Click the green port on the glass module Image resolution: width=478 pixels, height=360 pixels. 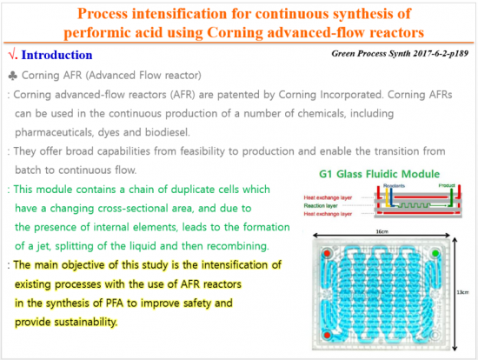(x=435, y=253)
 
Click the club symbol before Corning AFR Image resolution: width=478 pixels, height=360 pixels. (x=11, y=76)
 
